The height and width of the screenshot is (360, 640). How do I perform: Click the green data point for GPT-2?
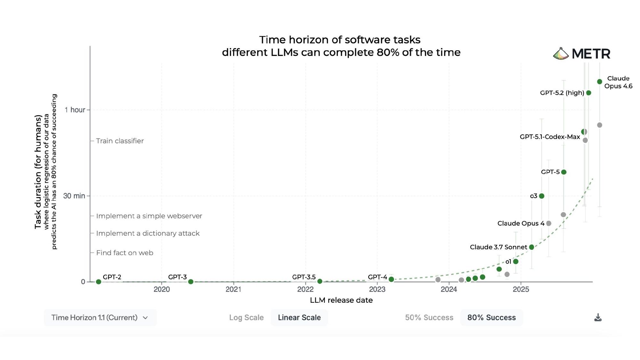(x=99, y=282)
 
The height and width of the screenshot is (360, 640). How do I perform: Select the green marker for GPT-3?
(x=191, y=282)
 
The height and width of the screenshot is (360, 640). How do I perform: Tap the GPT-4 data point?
(x=391, y=279)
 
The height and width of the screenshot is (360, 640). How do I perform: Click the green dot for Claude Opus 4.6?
(x=600, y=82)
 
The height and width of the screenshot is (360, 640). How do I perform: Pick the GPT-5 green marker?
(x=564, y=172)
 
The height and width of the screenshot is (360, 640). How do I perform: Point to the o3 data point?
(x=541, y=196)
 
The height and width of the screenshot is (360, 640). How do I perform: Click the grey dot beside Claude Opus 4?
(x=549, y=223)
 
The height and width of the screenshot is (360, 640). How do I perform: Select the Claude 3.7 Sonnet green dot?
(x=532, y=247)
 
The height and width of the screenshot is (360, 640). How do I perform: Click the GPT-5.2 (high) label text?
(x=562, y=93)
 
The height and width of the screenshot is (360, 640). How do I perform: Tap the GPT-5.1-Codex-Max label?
(x=550, y=137)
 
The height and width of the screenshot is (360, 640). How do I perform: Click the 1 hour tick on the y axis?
(x=75, y=110)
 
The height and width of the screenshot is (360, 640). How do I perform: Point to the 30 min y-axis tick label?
(x=74, y=196)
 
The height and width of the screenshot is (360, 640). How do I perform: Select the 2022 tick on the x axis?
(x=305, y=289)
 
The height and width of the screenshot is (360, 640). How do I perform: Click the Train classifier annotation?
(x=120, y=141)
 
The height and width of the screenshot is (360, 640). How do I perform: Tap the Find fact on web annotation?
(x=124, y=253)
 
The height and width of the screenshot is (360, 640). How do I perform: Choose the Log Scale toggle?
(x=246, y=317)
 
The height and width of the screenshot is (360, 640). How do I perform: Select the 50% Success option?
(x=429, y=317)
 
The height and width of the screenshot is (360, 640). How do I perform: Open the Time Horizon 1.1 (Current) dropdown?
(x=100, y=317)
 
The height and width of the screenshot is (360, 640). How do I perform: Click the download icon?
(x=598, y=317)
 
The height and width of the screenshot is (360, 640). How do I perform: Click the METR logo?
(x=582, y=54)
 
